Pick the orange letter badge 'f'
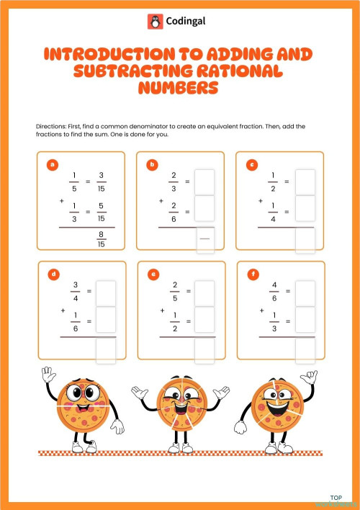252,274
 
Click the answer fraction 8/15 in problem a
102,238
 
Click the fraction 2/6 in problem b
173,211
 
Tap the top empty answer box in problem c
305,181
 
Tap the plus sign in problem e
161,311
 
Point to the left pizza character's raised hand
49,376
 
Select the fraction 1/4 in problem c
273,211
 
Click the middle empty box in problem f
305,319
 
